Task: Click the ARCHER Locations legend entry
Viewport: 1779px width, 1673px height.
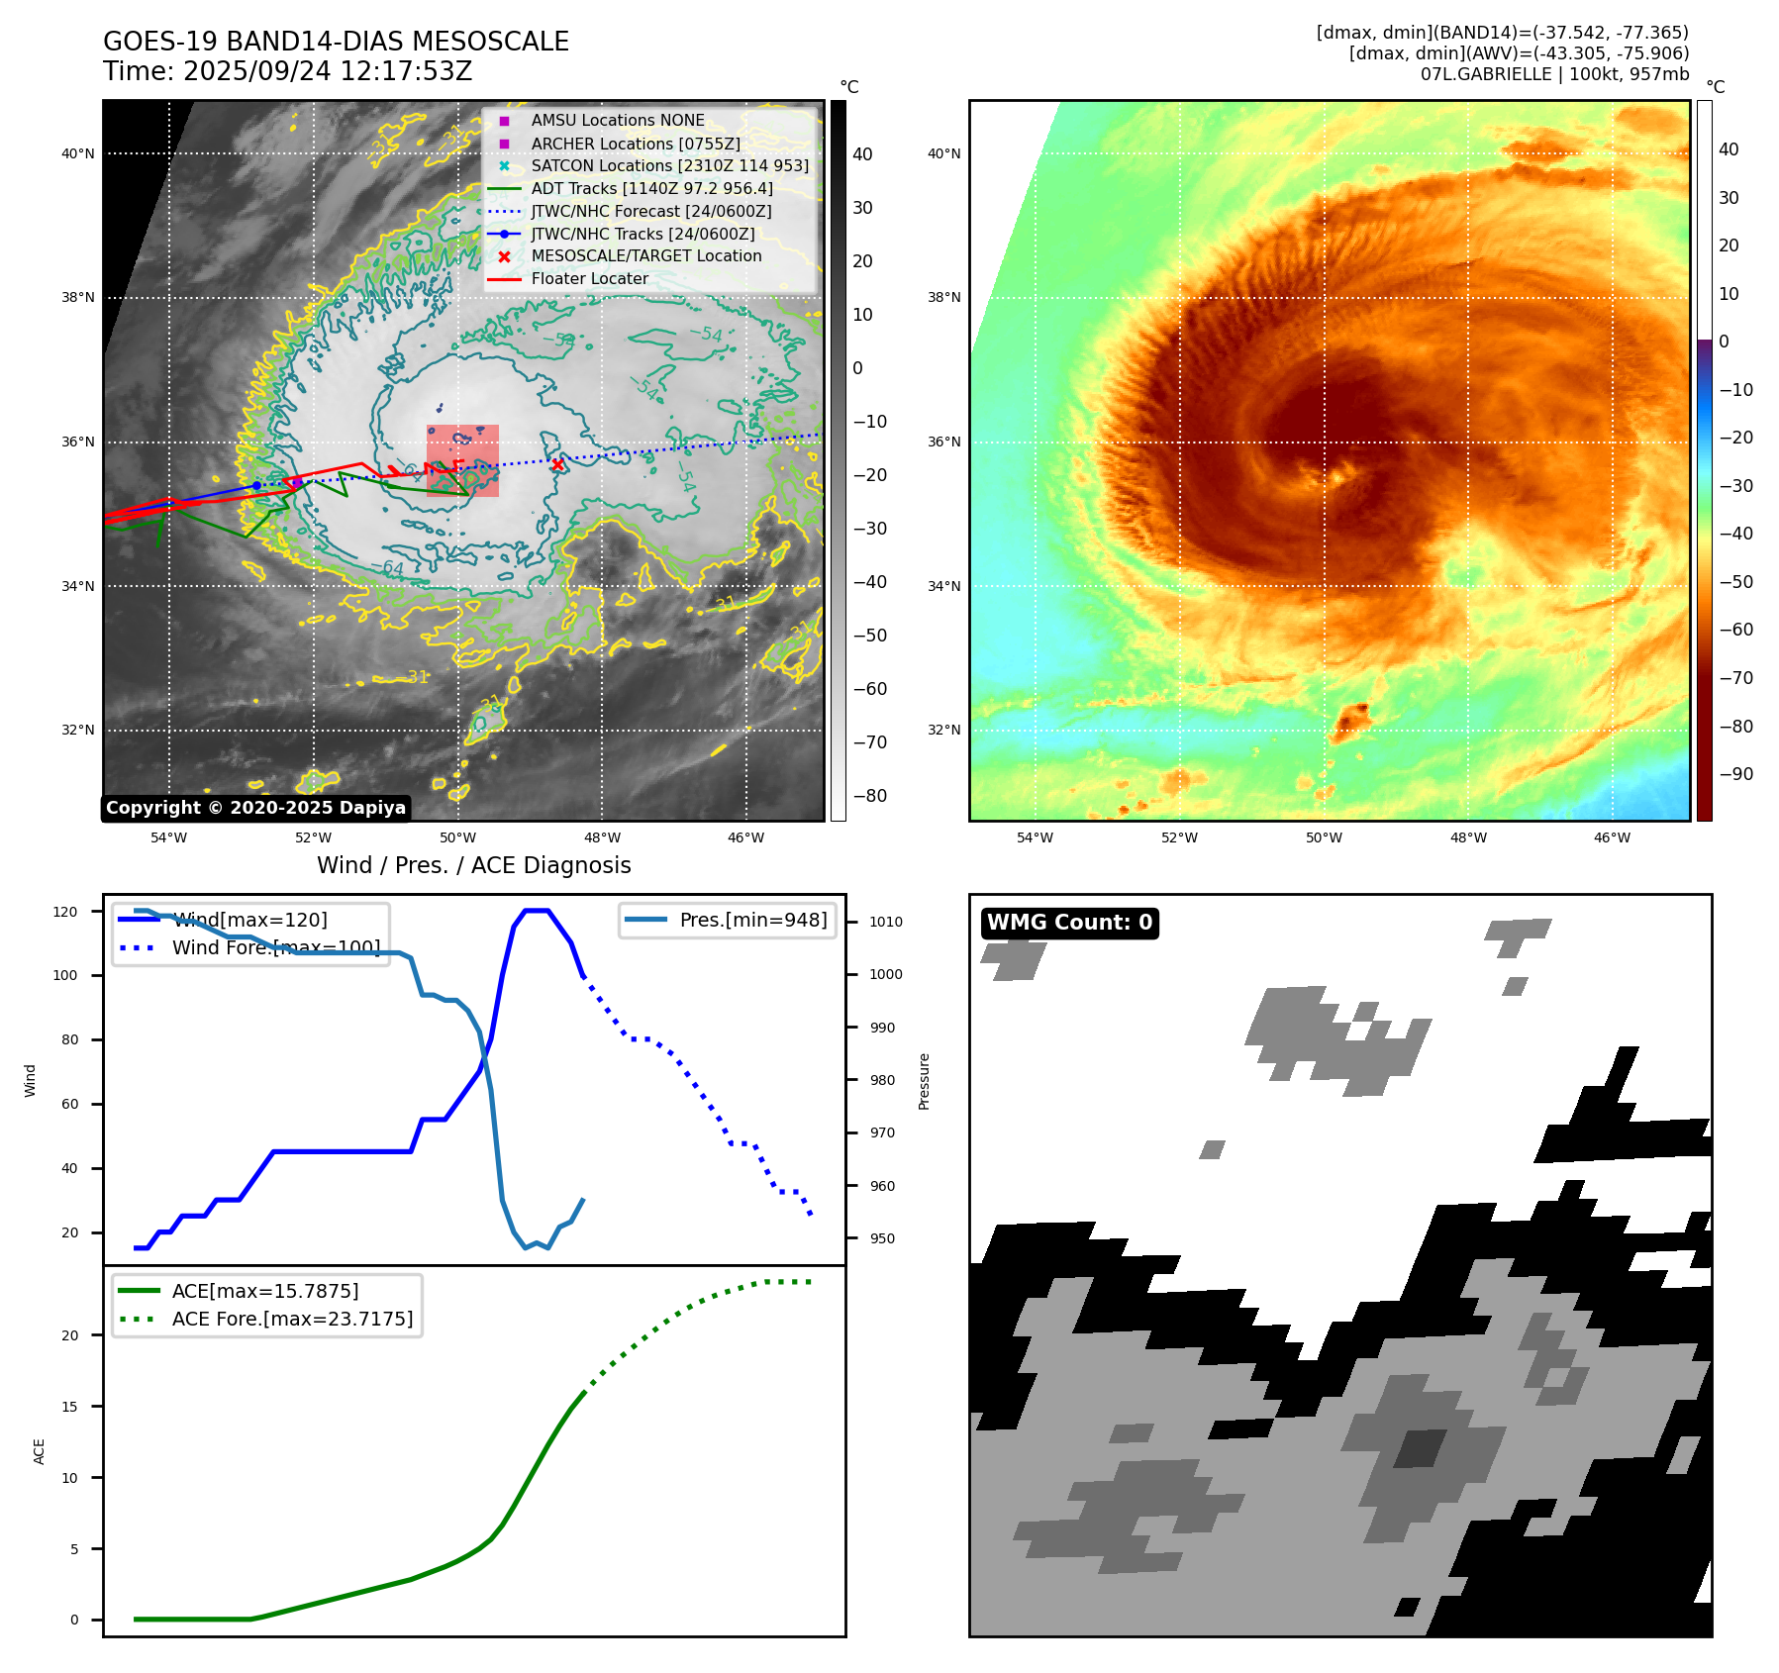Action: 635,144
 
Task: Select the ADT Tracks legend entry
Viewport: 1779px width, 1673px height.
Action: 651,188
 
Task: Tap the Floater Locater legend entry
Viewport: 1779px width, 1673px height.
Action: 589,278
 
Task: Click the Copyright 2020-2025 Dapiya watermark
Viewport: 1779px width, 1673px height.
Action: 255,808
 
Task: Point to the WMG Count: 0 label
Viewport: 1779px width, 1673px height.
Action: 1069,923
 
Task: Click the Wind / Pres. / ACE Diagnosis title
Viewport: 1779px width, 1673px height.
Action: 473,865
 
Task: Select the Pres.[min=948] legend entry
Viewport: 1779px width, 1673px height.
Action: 752,920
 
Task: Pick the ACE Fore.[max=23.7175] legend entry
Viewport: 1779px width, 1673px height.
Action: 292,1319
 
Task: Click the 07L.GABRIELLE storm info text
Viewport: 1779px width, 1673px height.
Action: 1554,74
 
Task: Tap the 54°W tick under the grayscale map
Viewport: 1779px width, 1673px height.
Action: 168,837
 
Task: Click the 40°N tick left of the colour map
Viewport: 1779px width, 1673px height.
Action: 943,153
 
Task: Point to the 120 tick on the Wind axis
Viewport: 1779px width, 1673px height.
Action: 65,912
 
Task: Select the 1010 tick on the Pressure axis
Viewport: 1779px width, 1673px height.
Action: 886,922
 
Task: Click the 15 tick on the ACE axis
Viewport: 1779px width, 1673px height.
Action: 69,1407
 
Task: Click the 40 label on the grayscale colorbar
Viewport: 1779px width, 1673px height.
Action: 862,154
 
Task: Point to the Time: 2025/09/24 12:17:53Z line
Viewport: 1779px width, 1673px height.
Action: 287,71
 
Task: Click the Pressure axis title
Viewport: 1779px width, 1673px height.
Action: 924,1081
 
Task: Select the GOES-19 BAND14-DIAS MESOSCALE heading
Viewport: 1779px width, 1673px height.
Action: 336,42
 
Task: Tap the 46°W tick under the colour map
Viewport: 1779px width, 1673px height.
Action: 1612,837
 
